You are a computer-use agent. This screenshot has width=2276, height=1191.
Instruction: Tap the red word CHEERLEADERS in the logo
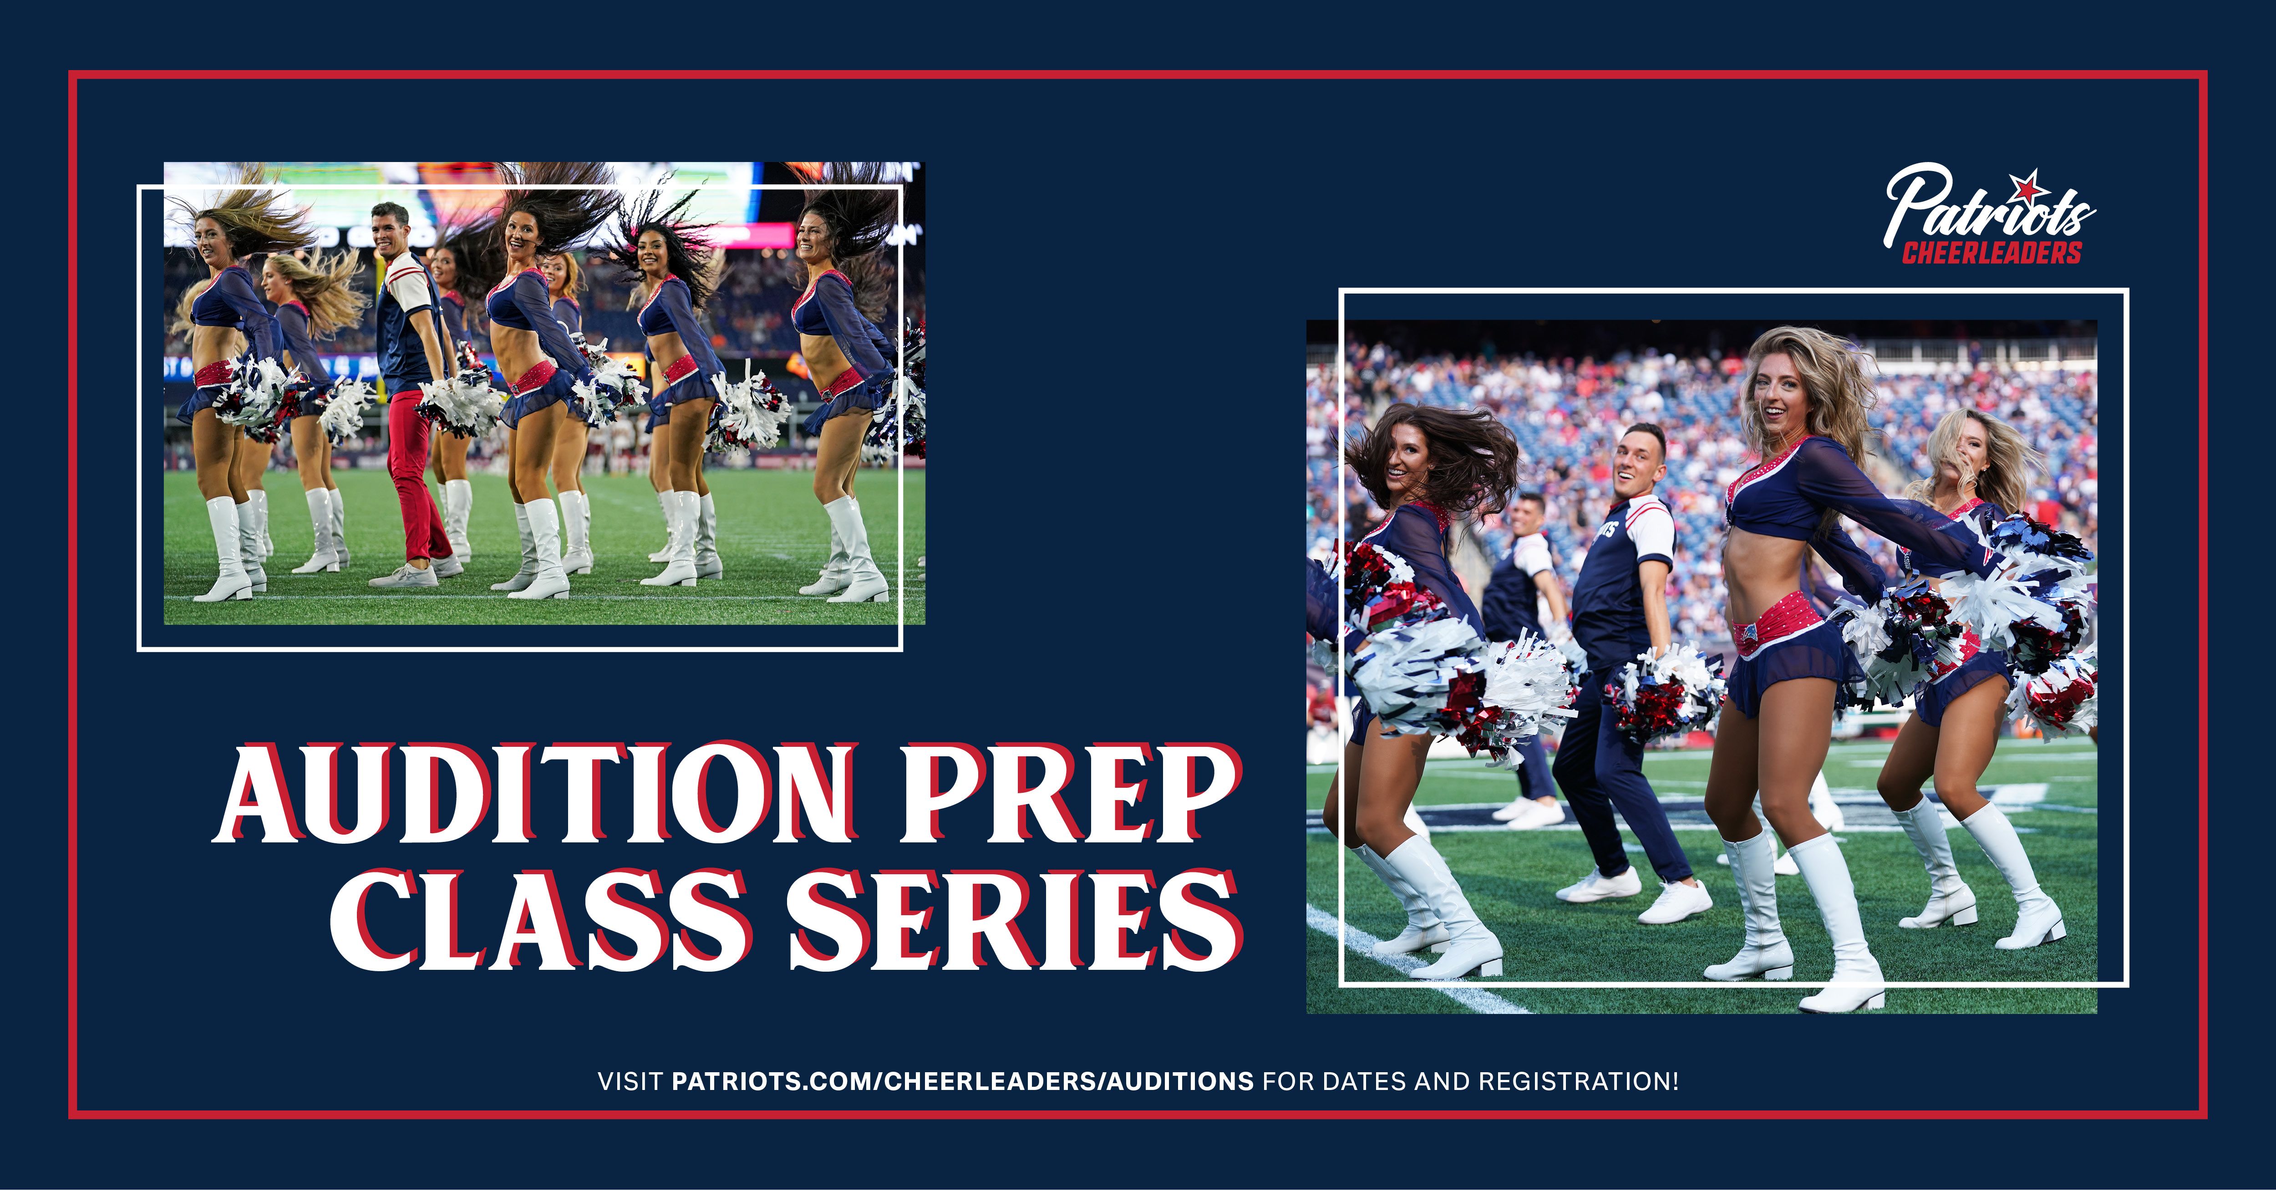click(1991, 253)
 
